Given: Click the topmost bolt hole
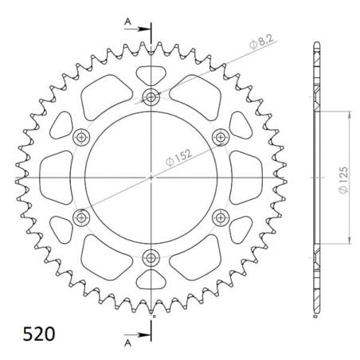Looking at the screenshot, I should [x=151, y=98].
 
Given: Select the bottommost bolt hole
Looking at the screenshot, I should [x=151, y=257].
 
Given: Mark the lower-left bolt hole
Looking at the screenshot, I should [x=81, y=217].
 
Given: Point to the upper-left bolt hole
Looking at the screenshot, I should [x=81, y=138].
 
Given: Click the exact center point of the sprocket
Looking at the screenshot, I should [x=151, y=178].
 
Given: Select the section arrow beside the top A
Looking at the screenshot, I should [x=141, y=29].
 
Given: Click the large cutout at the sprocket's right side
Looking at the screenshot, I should [x=249, y=178].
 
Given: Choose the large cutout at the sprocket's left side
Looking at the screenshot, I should [x=53, y=178].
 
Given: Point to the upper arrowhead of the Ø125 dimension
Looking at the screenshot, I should [x=348, y=113].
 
